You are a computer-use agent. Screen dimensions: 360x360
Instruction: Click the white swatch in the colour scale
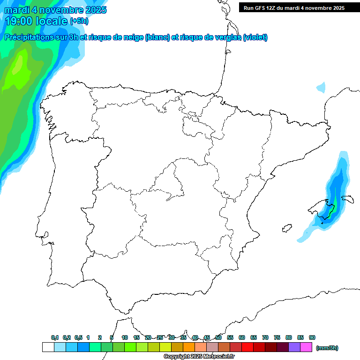point(48,347)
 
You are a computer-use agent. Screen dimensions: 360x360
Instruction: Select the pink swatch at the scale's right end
point(306,347)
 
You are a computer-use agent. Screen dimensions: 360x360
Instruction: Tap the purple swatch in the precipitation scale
point(294,347)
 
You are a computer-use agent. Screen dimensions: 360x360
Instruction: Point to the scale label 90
point(312,337)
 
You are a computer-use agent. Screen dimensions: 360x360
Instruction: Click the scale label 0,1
point(55,337)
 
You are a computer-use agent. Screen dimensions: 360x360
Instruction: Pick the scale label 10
point(125,337)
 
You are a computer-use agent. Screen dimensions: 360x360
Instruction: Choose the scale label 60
point(242,337)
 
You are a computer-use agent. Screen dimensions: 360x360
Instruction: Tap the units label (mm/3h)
point(327,348)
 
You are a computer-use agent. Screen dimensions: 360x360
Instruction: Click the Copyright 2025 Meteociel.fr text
point(199,356)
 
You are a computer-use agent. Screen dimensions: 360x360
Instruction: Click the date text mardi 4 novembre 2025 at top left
point(55,9)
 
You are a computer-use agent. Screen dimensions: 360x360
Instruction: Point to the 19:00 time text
point(19,21)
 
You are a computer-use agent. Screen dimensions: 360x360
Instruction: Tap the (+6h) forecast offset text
point(79,21)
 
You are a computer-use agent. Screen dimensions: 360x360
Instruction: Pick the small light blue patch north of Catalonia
point(321,87)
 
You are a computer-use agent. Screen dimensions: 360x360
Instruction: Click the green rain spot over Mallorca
point(331,209)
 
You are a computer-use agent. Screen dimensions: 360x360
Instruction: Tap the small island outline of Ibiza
point(286,228)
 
